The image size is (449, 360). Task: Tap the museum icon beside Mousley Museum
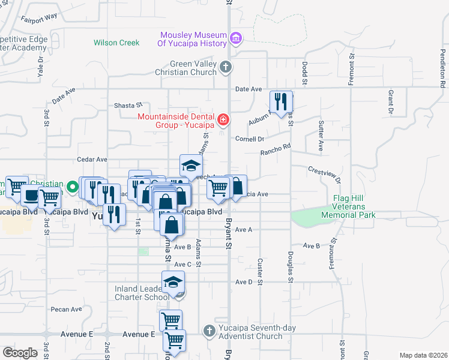coord(236,39)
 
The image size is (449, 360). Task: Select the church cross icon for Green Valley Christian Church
coord(225,67)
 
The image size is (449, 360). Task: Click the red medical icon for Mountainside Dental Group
coord(223,119)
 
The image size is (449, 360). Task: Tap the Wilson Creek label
coord(116,43)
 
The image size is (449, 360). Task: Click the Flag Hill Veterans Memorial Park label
coord(357,206)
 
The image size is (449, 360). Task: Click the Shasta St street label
coord(128,105)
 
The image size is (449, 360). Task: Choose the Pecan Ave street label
coord(66,310)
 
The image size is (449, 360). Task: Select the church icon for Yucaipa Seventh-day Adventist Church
coord(208,330)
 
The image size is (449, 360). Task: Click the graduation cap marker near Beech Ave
coord(191,165)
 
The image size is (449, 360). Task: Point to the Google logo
coord(20,352)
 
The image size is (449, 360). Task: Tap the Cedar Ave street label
coord(92,160)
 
